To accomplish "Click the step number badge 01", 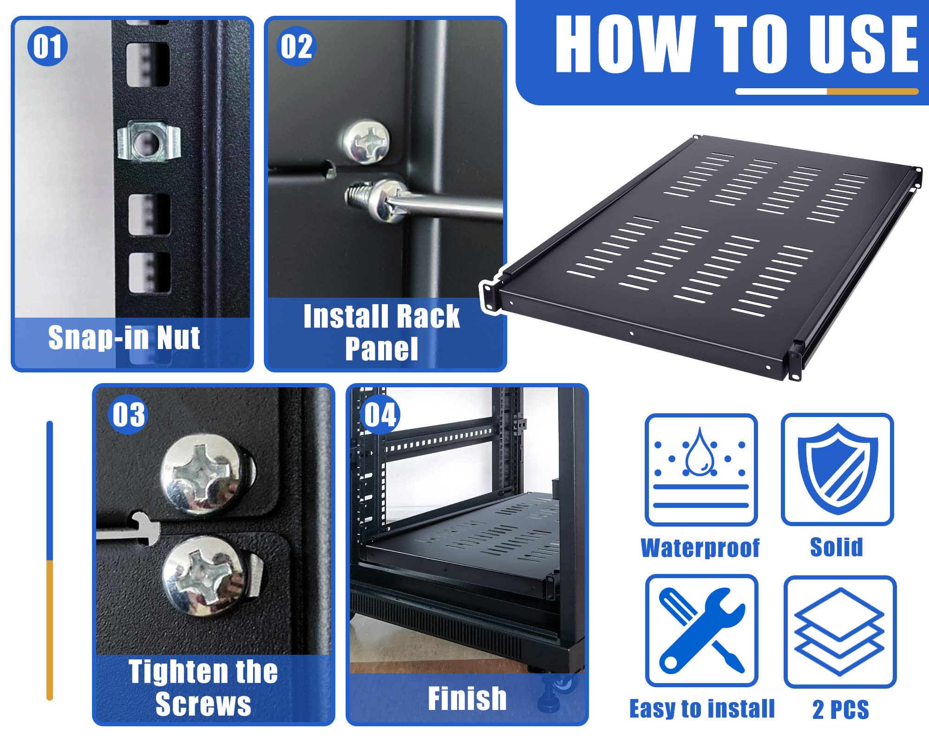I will point(47,46).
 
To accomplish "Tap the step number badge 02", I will point(296,46).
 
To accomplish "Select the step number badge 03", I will point(129,414).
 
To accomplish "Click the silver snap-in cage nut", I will point(148,141).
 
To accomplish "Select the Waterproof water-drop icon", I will point(701,469).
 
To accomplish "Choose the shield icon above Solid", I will point(837,469).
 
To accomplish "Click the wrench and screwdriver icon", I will point(701,631).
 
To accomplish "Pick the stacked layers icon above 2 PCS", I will point(840,632).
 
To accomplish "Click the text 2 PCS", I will point(840,710).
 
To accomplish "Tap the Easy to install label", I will point(702,709).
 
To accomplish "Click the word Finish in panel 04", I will point(467,698).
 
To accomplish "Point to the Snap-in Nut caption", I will point(124,338).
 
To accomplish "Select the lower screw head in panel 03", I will point(204,576).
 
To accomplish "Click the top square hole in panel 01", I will point(148,65).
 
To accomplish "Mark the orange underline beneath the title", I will point(872,91).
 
